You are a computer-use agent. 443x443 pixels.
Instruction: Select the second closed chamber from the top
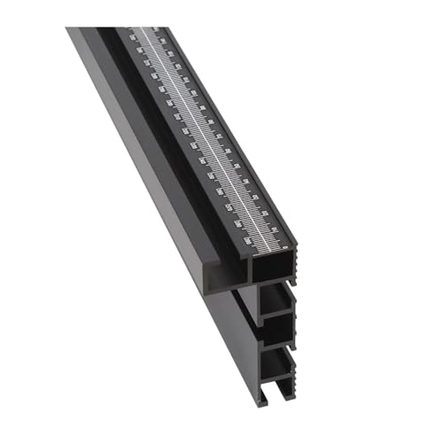[276, 329]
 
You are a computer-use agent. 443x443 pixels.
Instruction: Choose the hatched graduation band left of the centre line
[190, 142]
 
